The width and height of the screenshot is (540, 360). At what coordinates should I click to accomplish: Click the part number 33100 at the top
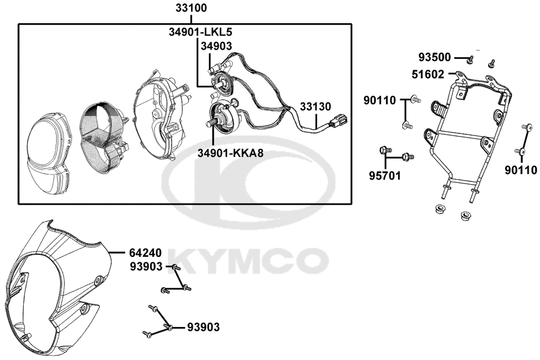point(191,8)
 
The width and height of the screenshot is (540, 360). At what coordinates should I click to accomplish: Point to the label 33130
point(315,107)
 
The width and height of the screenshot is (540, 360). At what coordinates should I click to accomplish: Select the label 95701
point(385,176)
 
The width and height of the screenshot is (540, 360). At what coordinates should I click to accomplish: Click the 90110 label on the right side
point(521,171)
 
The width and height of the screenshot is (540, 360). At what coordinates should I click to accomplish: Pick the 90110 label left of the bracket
point(380,100)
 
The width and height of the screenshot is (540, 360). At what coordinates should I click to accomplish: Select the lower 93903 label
point(203,327)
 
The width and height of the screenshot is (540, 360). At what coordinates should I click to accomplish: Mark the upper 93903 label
point(146,267)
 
